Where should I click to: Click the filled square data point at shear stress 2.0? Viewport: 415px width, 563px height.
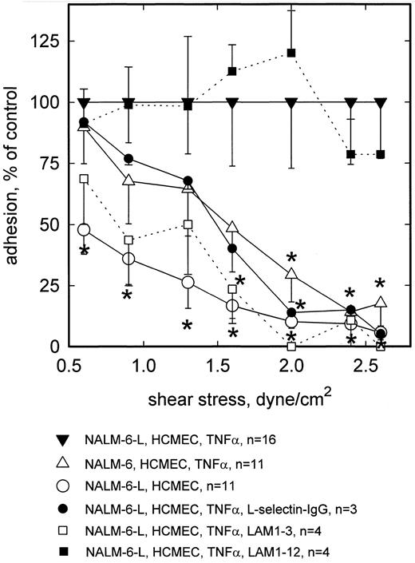pos(291,54)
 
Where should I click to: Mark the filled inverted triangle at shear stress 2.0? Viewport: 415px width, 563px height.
pos(291,102)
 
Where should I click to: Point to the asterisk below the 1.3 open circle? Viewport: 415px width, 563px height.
pos(188,325)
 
